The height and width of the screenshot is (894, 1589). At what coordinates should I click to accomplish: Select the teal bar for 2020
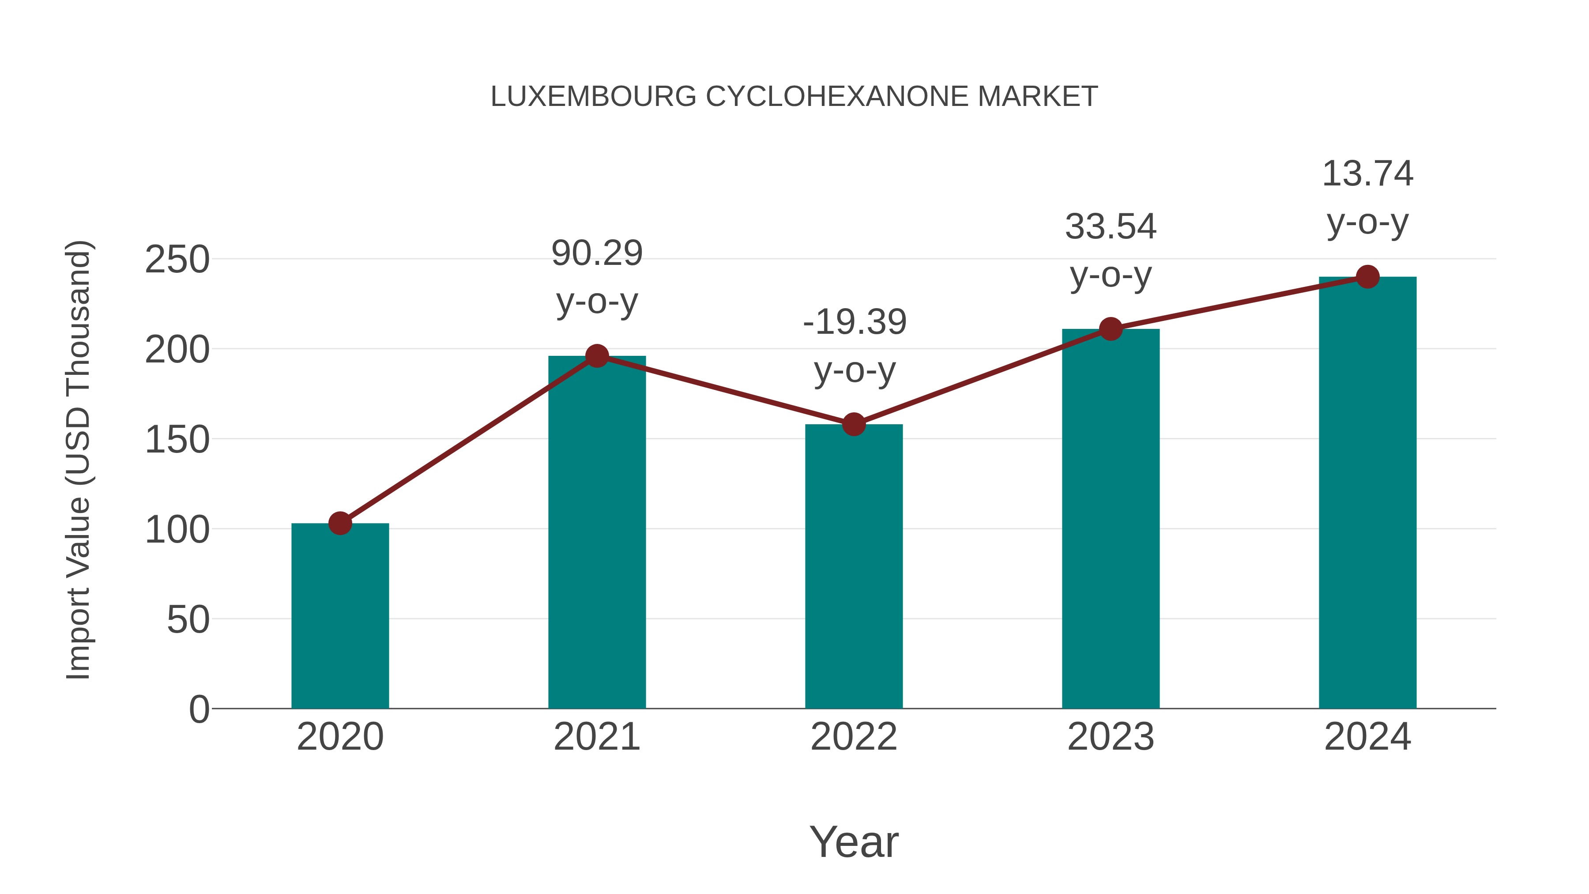tap(340, 617)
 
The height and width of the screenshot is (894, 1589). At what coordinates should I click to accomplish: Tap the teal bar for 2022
tap(854, 568)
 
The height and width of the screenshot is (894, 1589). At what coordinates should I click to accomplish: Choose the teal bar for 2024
tap(1367, 494)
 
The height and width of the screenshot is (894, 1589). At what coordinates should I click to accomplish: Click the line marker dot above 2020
tap(340, 523)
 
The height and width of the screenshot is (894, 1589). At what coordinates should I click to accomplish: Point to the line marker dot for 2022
tap(854, 424)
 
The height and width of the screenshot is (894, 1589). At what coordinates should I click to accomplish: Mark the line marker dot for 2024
tap(1367, 277)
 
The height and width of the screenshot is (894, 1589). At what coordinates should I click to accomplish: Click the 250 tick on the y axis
tap(177, 260)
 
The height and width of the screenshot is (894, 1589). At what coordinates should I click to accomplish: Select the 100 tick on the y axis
tap(177, 530)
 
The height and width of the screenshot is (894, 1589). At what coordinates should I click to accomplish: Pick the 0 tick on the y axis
tap(199, 709)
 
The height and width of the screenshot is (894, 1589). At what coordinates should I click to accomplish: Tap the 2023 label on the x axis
tap(1111, 737)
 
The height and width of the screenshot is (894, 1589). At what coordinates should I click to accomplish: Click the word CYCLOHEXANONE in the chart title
tap(836, 97)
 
